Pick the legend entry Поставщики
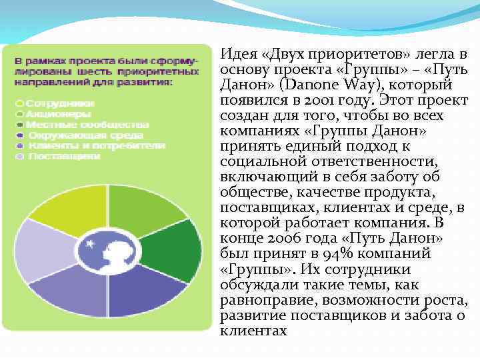pyautogui.click(x=64, y=155)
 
